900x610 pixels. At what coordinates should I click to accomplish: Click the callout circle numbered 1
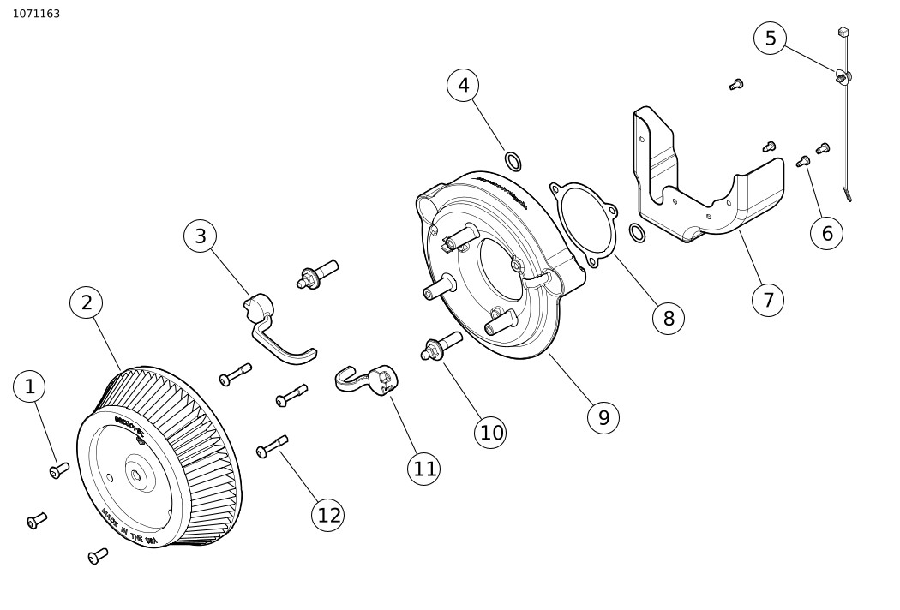[29, 386]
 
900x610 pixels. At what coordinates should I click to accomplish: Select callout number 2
[87, 302]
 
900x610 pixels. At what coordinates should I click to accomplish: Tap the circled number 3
[200, 236]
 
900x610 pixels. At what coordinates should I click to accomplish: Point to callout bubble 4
[463, 85]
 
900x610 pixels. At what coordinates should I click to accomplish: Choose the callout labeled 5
[770, 39]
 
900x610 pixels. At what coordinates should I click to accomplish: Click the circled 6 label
[826, 233]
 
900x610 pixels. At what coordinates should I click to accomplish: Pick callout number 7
[767, 300]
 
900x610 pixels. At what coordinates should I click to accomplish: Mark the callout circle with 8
[668, 319]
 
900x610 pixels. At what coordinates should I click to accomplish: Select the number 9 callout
[603, 417]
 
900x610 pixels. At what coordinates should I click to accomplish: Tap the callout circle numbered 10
[491, 433]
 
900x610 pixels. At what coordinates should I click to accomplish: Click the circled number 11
[424, 469]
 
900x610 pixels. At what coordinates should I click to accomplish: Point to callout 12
[328, 515]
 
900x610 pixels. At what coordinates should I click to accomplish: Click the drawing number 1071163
[36, 14]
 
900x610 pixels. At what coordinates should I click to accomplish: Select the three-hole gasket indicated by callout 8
[584, 219]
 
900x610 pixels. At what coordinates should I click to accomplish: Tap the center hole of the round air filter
[135, 472]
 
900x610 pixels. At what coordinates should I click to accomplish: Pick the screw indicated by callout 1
[59, 469]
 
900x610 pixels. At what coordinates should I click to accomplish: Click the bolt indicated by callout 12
[272, 446]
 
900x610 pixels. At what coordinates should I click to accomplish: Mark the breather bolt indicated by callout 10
[441, 346]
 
